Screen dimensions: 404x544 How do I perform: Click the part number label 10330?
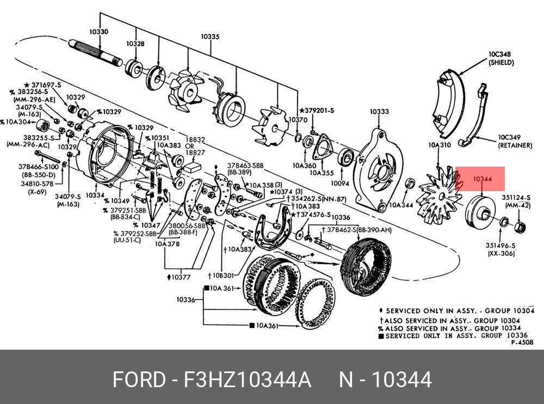pyautogui.click(x=99, y=32)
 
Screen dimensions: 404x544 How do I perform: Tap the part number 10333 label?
pyautogui.click(x=379, y=112)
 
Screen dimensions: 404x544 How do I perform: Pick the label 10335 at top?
pyautogui.click(x=209, y=37)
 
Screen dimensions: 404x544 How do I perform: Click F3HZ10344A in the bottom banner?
pyautogui.click(x=248, y=380)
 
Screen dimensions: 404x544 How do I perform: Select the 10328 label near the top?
pyautogui.click(x=135, y=43)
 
